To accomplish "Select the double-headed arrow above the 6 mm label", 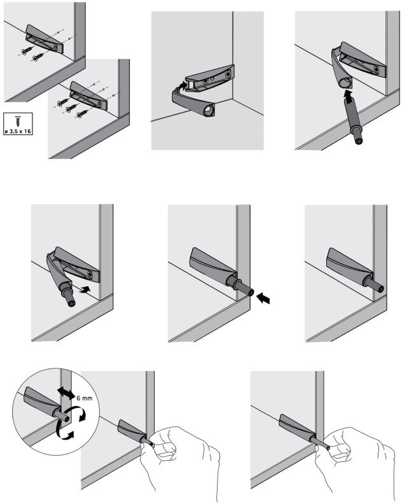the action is click(x=64, y=390).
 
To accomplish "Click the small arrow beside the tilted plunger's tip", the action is click(x=83, y=290).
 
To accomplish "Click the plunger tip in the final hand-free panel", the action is click(x=381, y=288).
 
